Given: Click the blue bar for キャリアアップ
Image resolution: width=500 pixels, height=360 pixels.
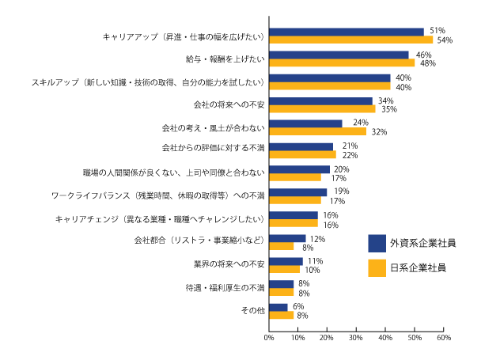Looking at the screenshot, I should pyautogui.click(x=346, y=32).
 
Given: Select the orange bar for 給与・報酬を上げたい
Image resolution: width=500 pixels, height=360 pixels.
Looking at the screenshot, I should pyautogui.click(x=341, y=63).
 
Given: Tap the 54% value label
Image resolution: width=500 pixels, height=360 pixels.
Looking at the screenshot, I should pyautogui.click(x=444, y=40).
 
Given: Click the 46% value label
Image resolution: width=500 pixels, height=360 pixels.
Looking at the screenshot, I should pyautogui.click(x=422, y=55).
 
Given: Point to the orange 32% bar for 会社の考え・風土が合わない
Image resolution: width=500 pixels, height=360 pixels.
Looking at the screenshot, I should pyautogui.click(x=317, y=131).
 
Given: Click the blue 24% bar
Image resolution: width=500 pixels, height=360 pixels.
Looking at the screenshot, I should pyautogui.click(x=305, y=123).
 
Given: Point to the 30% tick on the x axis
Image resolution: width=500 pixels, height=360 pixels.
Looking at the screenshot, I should pyautogui.click(x=356, y=338).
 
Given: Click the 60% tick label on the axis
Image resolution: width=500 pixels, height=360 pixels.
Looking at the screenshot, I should pyautogui.click(x=443, y=338).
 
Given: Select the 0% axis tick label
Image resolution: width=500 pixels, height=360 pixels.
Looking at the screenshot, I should pyautogui.click(x=269, y=338).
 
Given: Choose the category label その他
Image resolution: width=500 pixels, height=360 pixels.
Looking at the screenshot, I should pyautogui.click(x=252, y=311).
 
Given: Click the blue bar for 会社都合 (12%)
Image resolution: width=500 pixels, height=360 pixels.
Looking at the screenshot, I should pyautogui.click(x=287, y=238).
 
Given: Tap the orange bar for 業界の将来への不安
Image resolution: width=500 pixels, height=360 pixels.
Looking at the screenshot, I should pyautogui.click(x=284, y=269).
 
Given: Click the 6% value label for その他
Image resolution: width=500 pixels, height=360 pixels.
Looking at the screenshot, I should pyautogui.click(x=298, y=306).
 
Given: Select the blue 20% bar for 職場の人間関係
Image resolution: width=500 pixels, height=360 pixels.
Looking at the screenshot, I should pyautogui.click(x=299, y=169).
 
